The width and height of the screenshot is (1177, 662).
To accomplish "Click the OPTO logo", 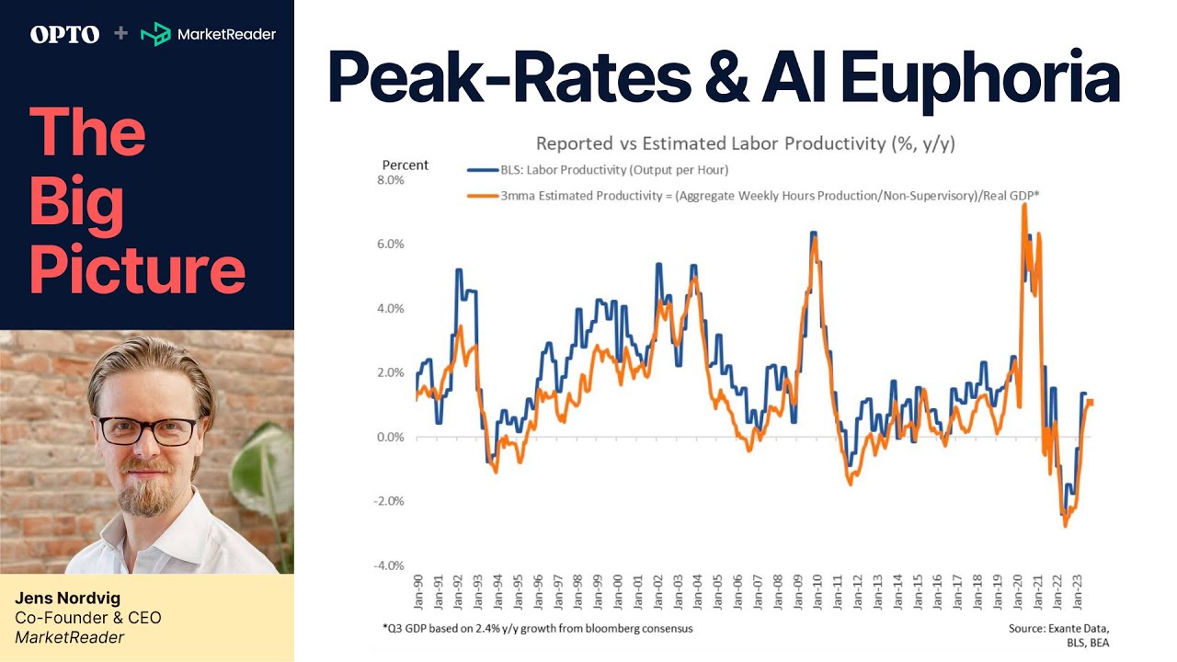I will coord(64,34).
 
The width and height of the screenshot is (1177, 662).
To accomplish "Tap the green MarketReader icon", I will coord(154,34).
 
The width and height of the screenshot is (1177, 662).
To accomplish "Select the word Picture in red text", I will coord(137,270).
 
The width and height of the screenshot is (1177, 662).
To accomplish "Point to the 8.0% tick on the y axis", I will coord(389,180).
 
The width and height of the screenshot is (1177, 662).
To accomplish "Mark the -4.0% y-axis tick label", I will coord(387,565).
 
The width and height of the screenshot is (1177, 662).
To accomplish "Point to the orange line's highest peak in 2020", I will coord(1023,205).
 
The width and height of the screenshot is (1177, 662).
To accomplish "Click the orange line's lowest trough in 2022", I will coord(1066,525).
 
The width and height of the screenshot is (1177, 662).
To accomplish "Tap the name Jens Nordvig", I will coord(67,599).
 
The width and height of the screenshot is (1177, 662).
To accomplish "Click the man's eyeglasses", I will coord(147,430).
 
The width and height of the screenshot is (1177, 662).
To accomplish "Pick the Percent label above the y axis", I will coord(405,165).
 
